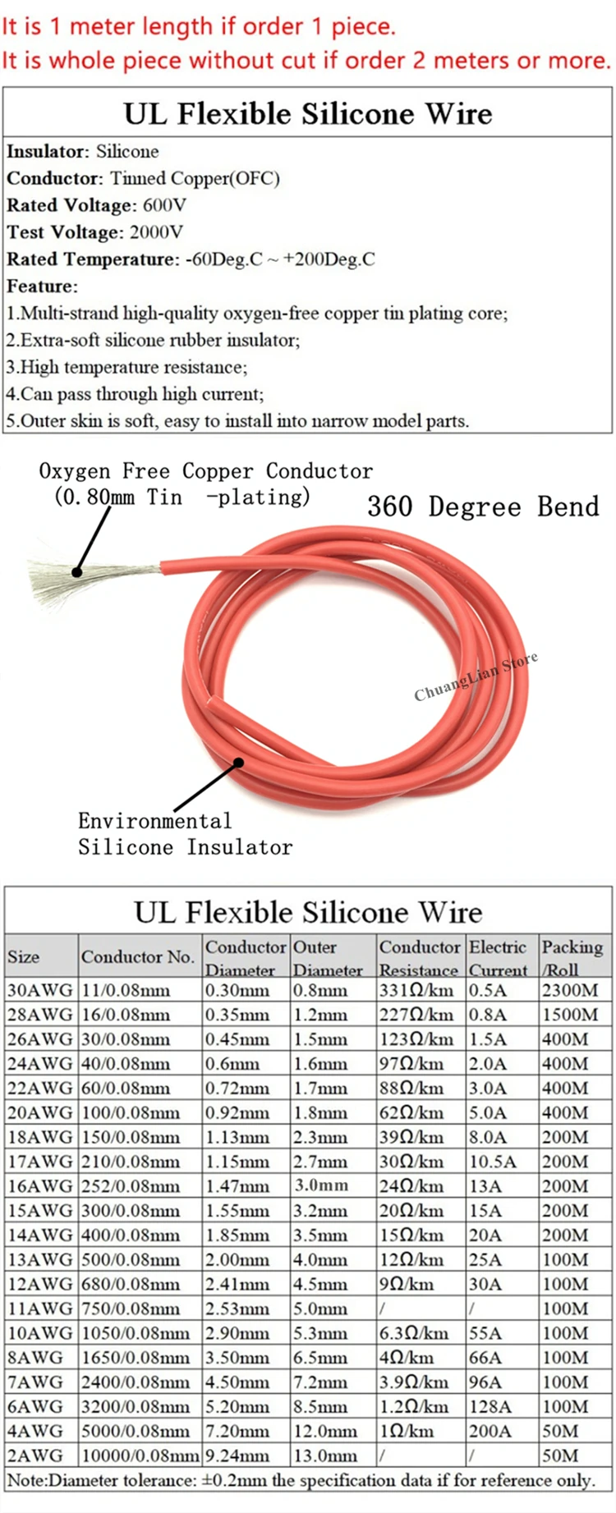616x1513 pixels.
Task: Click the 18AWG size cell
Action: pyautogui.click(x=39, y=1137)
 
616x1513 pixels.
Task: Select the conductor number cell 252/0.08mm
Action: pyautogui.click(x=130, y=1186)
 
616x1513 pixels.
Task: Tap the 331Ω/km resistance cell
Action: pyautogui.click(x=416, y=990)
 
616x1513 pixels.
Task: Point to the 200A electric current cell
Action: pyautogui.click(x=490, y=1431)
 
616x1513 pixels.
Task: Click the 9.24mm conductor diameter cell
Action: pyautogui.click(x=239, y=1456)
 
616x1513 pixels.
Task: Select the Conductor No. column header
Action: pyautogui.click(x=137, y=956)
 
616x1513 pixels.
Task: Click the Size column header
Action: pyautogui.click(x=24, y=956)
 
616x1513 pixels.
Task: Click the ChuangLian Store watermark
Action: pyautogui.click(x=476, y=676)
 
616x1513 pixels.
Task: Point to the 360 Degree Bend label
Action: pyautogui.click(x=483, y=507)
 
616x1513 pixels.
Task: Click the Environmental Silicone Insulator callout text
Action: pyautogui.click(x=185, y=834)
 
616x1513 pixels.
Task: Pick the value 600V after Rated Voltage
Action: pyautogui.click(x=164, y=205)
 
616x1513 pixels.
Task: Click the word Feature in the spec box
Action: pyautogui.click(x=41, y=287)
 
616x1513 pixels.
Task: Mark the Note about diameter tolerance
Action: pyautogui.click(x=300, y=1480)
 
